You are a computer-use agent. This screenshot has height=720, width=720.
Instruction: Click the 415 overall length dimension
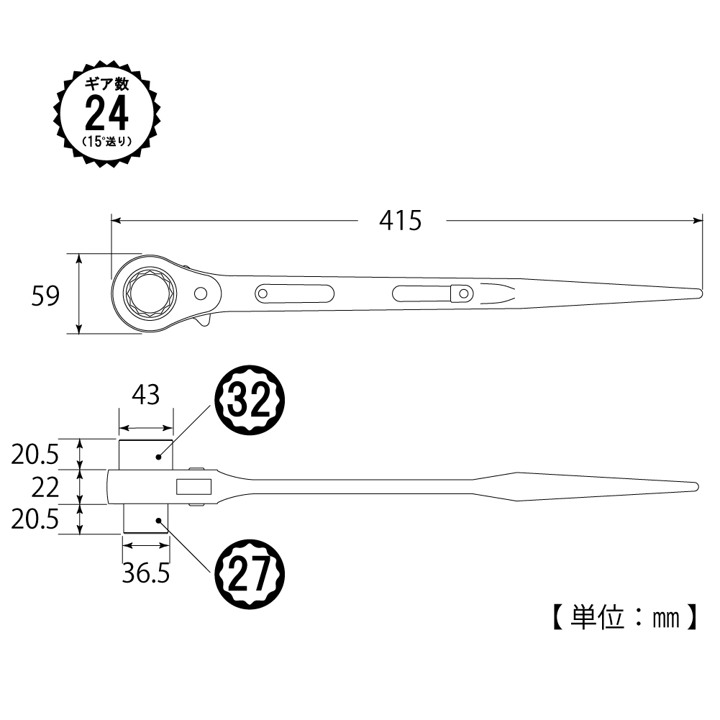click(400, 220)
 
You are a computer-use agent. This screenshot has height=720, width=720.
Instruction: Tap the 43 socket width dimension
click(145, 395)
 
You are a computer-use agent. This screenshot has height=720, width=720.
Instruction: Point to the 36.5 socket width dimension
click(146, 573)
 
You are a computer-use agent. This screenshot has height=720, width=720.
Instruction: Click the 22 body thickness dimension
click(45, 488)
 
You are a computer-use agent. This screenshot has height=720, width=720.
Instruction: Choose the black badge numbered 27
click(250, 574)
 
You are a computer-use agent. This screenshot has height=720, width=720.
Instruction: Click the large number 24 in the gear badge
click(106, 114)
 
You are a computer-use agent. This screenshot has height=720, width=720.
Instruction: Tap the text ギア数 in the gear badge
click(107, 84)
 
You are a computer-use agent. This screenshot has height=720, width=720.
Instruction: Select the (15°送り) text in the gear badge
click(107, 142)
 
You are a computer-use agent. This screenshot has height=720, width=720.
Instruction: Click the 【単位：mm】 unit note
click(624, 617)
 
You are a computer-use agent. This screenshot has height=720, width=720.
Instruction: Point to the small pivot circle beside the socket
click(201, 293)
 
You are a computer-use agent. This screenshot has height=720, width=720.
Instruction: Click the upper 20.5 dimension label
click(35, 455)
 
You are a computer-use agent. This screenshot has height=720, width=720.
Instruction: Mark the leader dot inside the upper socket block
click(158, 457)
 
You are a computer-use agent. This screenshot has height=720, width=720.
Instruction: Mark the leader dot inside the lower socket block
click(158, 520)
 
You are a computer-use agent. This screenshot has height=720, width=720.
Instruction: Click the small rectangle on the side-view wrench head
click(193, 487)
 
